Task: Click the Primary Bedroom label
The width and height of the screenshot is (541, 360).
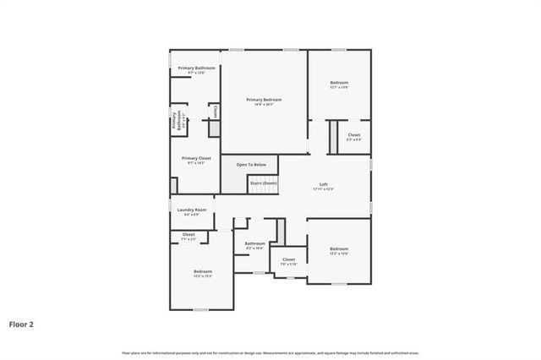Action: pyautogui.click(x=264, y=100)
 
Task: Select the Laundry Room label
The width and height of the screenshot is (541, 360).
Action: pyautogui.click(x=192, y=210)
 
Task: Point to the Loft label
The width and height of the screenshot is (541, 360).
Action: pyautogui.click(x=323, y=184)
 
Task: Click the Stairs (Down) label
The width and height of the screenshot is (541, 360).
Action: pyautogui.click(x=263, y=183)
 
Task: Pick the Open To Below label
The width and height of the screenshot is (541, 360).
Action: pyautogui.click(x=251, y=164)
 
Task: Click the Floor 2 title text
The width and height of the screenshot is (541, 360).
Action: pyautogui.click(x=21, y=323)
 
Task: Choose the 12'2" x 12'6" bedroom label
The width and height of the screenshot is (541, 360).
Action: pyautogui.click(x=339, y=249)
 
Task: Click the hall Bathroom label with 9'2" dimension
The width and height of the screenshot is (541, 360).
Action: pyautogui.click(x=254, y=244)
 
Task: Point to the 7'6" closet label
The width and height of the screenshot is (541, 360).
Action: pyautogui.click(x=288, y=260)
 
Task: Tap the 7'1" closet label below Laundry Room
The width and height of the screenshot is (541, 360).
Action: pyautogui.click(x=189, y=235)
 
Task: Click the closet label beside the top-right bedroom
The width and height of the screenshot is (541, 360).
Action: pyautogui.click(x=353, y=135)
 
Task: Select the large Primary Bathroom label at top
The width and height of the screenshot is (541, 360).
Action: pyautogui.click(x=196, y=68)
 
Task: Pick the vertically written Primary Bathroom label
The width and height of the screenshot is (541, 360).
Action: pyautogui.click(x=175, y=122)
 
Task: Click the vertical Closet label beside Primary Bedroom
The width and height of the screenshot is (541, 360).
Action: pyautogui.click(x=215, y=112)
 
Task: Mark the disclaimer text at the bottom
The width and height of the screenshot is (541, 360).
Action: pyautogui.click(x=270, y=352)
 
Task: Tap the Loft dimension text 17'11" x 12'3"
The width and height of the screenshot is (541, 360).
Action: pyautogui.click(x=323, y=189)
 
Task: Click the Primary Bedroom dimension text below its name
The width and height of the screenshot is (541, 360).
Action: pyautogui.click(x=264, y=105)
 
